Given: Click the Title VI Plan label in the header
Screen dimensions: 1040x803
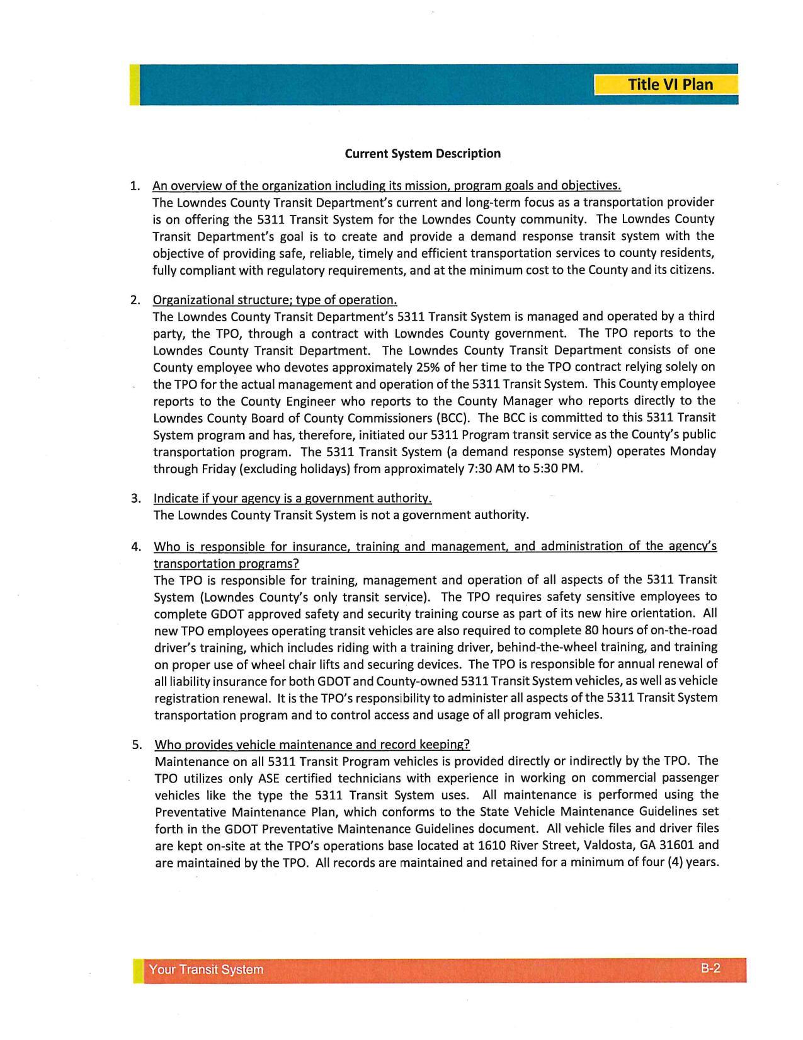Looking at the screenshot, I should point(670,84).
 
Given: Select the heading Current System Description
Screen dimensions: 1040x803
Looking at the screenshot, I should point(423,154).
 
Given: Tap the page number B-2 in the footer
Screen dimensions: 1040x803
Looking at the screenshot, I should point(710,968).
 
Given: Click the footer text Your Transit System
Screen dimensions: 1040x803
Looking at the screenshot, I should point(206,969).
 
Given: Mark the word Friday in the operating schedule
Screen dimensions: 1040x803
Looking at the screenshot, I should point(230,469).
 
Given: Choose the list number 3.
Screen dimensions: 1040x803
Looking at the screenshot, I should point(135,499).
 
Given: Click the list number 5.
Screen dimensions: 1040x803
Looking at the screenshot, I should point(137,745).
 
